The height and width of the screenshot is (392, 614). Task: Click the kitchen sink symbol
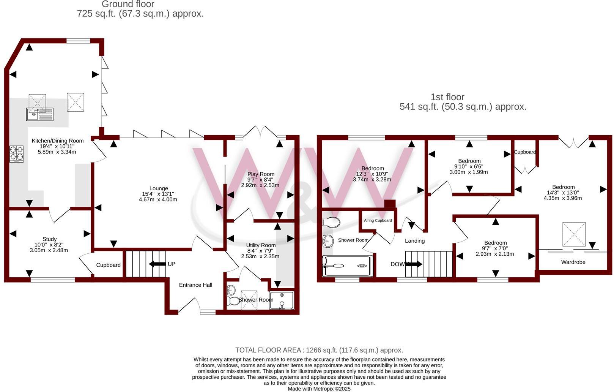39,114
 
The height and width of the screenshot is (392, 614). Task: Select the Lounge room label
158,188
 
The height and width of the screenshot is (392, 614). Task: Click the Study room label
50,239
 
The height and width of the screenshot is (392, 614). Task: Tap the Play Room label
261,174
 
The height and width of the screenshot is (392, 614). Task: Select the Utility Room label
261,245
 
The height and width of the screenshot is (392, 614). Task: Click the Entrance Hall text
195,285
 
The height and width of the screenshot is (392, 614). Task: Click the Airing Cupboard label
378,220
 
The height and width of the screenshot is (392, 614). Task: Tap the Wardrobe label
573,262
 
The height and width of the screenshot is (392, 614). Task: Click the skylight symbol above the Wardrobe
574,234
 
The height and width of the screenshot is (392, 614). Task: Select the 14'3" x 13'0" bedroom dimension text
563,193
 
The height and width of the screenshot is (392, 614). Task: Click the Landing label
414,241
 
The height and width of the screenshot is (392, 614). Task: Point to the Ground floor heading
128,5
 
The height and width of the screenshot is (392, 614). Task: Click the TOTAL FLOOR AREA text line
319,350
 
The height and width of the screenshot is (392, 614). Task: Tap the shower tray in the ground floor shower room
282,300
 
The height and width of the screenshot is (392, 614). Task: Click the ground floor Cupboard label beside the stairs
108,265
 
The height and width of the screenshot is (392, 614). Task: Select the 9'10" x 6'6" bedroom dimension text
469,166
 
